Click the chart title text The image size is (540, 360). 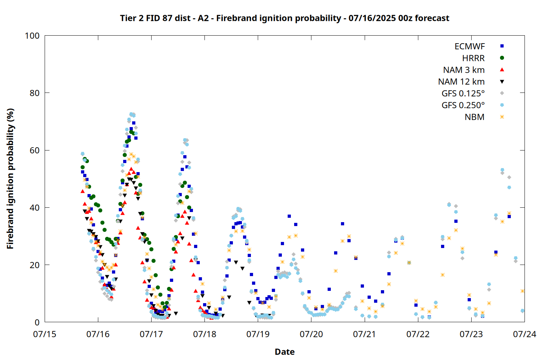tap(284, 18)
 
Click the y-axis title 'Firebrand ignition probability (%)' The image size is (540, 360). tap(10, 179)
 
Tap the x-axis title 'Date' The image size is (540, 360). tap(285, 352)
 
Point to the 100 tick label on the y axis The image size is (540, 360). tap(32, 36)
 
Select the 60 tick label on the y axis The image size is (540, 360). tap(35, 150)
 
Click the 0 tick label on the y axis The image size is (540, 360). tap(37, 322)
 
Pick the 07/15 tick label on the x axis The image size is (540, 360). tap(45, 334)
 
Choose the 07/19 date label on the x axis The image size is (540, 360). tap(258, 334)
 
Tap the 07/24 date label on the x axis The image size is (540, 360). tap(525, 334)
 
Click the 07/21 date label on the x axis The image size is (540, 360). tap(365, 334)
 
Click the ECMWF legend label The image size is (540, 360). tap(469, 46)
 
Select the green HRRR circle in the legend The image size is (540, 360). tap(502, 58)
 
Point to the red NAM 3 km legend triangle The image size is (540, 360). tap(502, 70)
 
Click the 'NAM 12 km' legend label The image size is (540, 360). tap(461, 81)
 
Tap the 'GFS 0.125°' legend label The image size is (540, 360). tap(463, 93)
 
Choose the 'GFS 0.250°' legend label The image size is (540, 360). tap(463, 105)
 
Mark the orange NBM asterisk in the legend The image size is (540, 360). tap(502, 117)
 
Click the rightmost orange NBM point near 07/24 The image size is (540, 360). tap(522, 291)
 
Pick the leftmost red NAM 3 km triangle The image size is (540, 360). tap(82, 191)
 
